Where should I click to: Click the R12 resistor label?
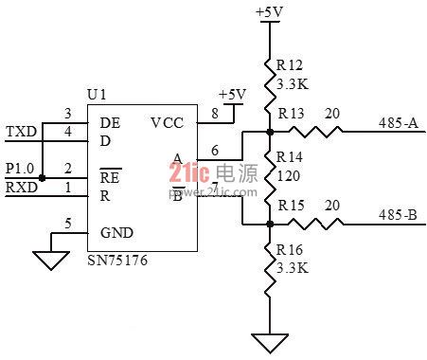(x=290, y=65)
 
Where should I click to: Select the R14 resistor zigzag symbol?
(x=270, y=178)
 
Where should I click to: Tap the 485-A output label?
(x=399, y=122)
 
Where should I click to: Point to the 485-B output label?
(x=398, y=215)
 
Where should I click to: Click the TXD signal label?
(x=22, y=132)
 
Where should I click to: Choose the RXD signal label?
(x=22, y=188)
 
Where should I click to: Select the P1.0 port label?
(x=20, y=169)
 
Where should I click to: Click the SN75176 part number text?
(x=117, y=261)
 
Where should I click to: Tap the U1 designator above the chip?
(x=97, y=95)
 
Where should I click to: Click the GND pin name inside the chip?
(x=116, y=233)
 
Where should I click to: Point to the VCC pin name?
(x=167, y=123)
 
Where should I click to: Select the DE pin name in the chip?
(x=110, y=123)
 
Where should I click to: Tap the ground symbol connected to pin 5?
(x=51, y=261)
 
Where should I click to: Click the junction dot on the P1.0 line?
(x=42, y=178)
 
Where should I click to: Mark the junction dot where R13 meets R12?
(x=270, y=132)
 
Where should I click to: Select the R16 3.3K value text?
(x=293, y=268)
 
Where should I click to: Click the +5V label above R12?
(x=270, y=12)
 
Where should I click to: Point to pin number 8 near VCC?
(x=215, y=114)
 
